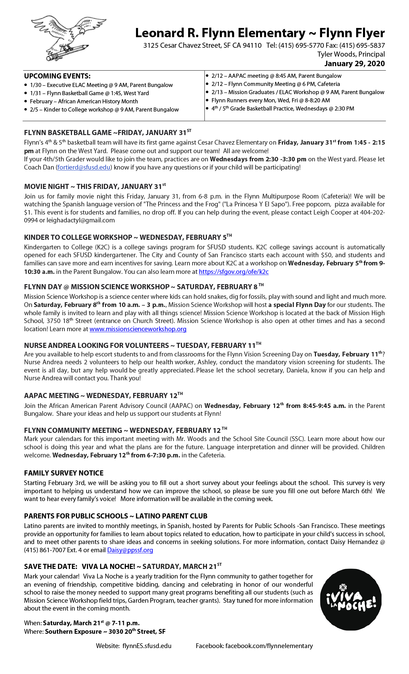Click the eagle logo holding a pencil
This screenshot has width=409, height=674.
pos(68,38)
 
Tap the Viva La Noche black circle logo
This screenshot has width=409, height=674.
pos(351,599)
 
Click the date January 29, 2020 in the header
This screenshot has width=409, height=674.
pos(354,64)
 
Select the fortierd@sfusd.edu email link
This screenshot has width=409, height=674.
pos(84,167)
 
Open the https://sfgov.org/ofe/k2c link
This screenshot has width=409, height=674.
pos(233,272)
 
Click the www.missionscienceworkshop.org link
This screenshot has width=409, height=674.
pos(138,329)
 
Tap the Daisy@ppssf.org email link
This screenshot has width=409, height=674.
pos(130,550)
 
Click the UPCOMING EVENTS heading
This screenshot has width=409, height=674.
pos(57,76)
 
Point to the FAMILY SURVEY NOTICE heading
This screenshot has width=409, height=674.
pos(64,473)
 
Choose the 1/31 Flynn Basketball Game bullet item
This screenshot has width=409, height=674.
pos(89,93)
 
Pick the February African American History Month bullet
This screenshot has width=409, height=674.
pos(84,101)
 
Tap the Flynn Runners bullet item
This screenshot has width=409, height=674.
pos(271,100)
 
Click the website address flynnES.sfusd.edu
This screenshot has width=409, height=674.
pos(147,646)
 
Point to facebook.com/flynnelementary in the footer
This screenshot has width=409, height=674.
pos(269,646)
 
